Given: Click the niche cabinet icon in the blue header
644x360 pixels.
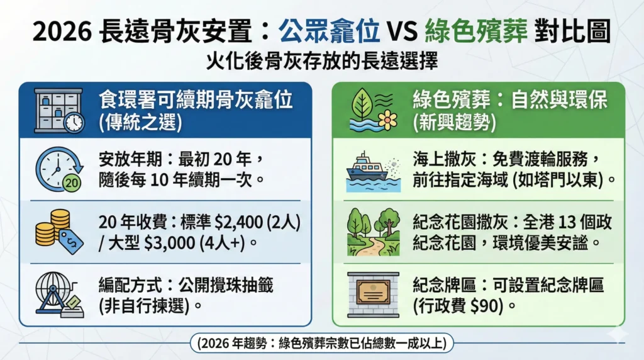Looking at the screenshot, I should (58, 110).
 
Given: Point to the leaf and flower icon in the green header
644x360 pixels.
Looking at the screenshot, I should (373, 110).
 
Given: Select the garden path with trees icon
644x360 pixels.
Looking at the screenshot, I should (373, 231).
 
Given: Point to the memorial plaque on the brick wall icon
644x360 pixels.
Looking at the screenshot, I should (373, 293).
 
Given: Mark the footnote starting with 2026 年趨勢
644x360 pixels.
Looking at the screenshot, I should (322, 344).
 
